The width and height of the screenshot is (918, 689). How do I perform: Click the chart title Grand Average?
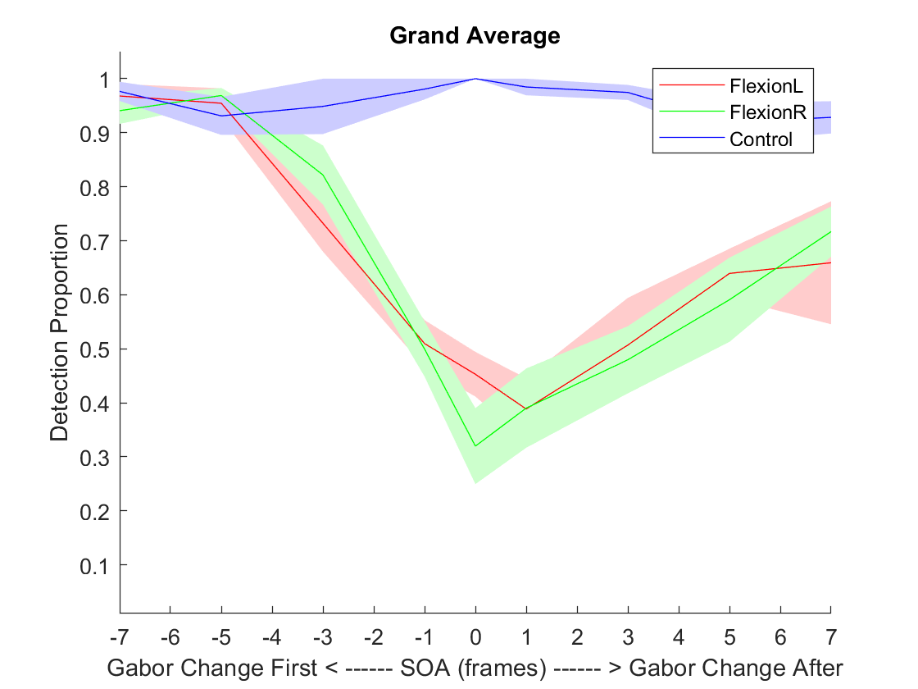click(475, 36)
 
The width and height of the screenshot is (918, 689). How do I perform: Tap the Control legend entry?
click(761, 139)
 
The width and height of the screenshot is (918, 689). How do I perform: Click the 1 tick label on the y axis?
click(103, 80)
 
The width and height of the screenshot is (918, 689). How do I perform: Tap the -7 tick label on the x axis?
click(120, 637)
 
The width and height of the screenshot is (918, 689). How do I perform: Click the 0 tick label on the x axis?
click(475, 637)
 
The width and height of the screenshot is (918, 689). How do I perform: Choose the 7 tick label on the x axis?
click(831, 637)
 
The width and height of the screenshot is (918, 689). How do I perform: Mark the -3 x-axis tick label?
click(323, 637)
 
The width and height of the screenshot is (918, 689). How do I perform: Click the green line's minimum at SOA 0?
click(475, 445)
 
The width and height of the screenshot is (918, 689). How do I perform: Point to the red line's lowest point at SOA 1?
click(526, 408)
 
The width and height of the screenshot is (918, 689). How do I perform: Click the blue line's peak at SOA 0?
click(475, 79)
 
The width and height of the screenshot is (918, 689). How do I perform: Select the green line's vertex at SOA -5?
click(221, 96)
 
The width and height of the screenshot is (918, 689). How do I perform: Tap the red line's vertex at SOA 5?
click(729, 273)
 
